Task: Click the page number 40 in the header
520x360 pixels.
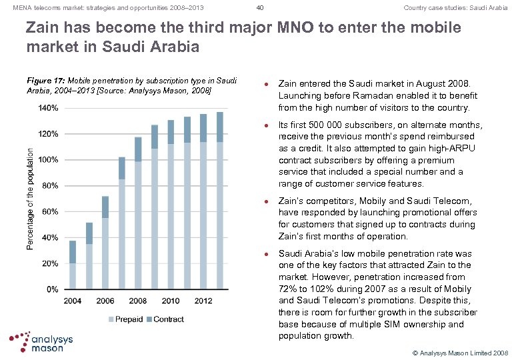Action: [x=260, y=8]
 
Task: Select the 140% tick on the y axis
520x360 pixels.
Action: [x=47, y=108]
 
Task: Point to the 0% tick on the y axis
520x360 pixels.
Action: [x=51, y=289]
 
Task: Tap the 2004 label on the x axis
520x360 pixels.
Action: [x=73, y=301]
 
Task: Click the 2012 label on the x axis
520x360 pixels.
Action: [x=203, y=301]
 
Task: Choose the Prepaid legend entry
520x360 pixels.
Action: [x=126, y=319]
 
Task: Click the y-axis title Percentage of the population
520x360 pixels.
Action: [x=30, y=199]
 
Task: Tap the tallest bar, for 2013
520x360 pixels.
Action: [x=219, y=201]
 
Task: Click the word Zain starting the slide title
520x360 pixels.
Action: [x=44, y=28]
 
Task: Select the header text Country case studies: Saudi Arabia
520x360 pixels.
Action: [x=455, y=8]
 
